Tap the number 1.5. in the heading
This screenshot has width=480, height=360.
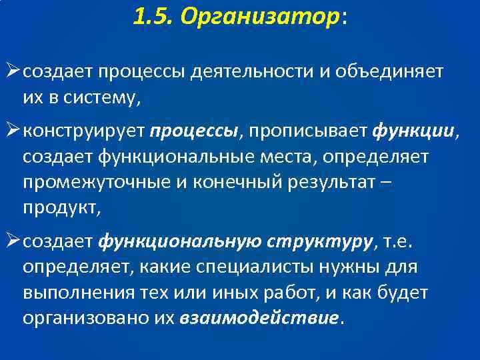coord(153,19)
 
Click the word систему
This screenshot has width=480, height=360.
coord(101,99)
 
